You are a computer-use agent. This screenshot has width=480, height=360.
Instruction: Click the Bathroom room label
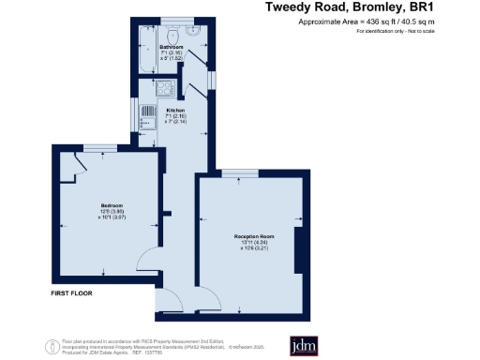(x=170, y=45)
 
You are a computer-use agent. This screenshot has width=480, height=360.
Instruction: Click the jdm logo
(x=305, y=344)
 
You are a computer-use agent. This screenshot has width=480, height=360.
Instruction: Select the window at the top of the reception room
(x=241, y=173)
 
